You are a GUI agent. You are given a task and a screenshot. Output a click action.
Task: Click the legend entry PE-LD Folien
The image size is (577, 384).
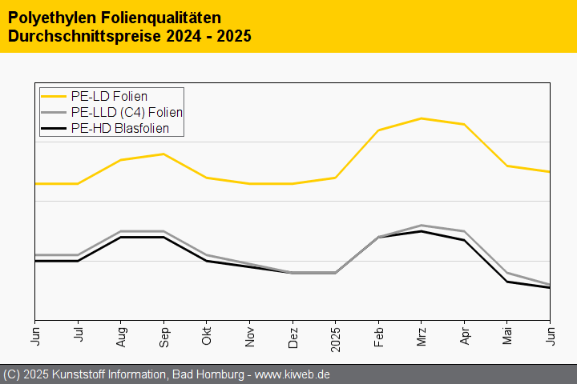pyautogui.click(x=109, y=97)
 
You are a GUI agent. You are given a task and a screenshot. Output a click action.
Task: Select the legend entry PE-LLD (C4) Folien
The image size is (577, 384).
pyautogui.click(x=127, y=113)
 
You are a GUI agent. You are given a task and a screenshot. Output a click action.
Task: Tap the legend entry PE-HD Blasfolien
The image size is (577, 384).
pyautogui.click(x=119, y=128)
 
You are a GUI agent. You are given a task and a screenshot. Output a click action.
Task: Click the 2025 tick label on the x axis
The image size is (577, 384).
pyautogui.click(x=335, y=333)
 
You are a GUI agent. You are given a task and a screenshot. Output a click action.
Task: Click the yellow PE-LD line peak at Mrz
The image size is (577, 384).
pyautogui.click(x=421, y=118)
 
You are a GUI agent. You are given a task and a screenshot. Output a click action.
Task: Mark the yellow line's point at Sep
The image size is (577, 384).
pyautogui.click(x=163, y=154)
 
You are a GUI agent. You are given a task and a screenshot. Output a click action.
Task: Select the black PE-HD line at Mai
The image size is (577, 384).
pyautogui.click(x=506, y=282)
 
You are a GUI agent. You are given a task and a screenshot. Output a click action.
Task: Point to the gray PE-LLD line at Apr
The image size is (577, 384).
pyautogui.click(x=464, y=231)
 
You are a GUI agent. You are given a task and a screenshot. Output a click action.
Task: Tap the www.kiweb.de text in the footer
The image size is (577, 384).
pyautogui.click(x=293, y=374)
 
